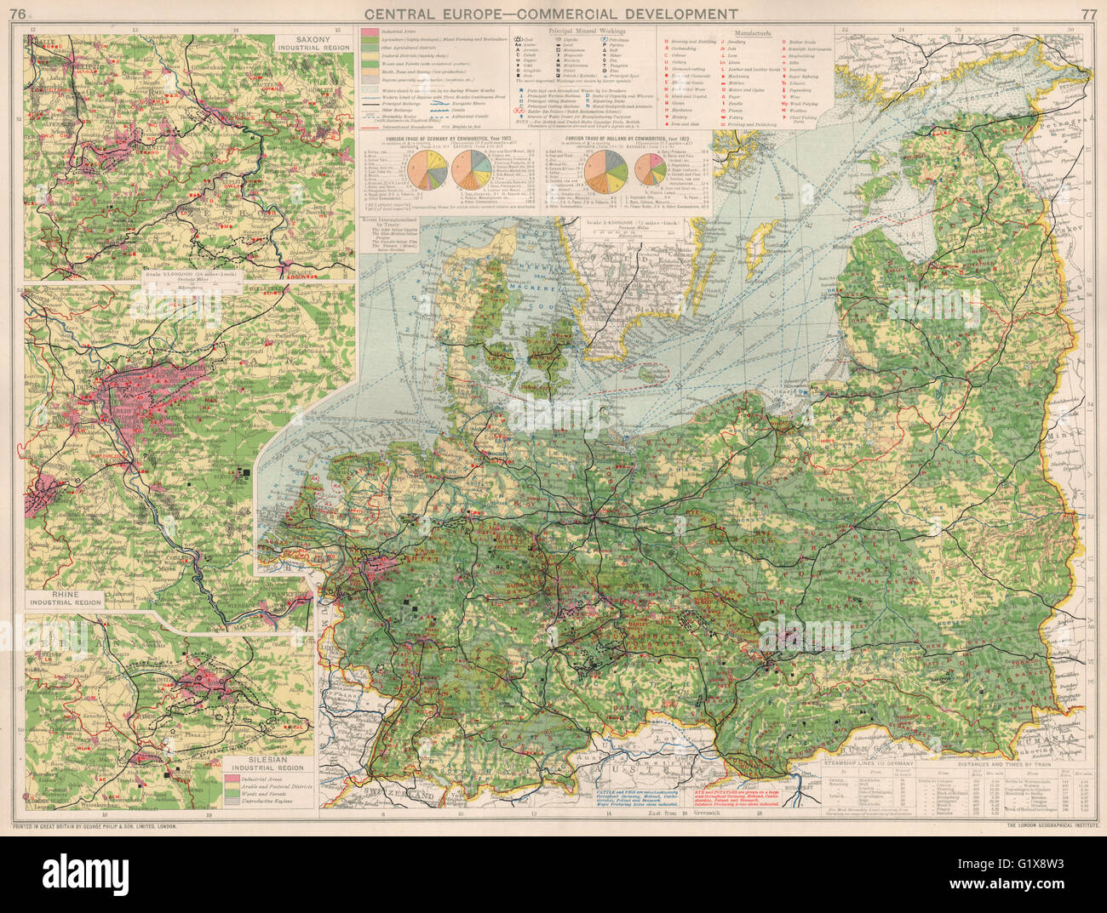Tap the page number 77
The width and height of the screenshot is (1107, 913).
point(1088,13)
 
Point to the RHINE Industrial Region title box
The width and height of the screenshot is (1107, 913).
point(64,597)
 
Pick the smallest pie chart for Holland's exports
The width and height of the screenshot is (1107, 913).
point(650,169)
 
